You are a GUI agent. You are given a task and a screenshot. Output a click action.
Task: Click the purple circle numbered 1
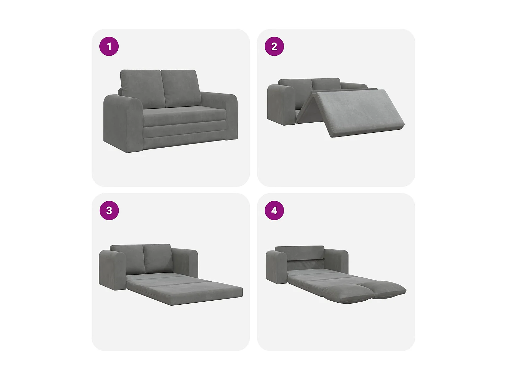coord(109,46)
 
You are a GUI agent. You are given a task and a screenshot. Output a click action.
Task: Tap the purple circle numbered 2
coord(274,46)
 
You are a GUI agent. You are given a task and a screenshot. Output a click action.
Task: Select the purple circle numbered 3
coord(109,210)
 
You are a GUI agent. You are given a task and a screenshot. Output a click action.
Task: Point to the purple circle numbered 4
coord(274,210)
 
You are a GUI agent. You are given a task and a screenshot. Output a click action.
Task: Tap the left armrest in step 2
coord(281,105)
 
